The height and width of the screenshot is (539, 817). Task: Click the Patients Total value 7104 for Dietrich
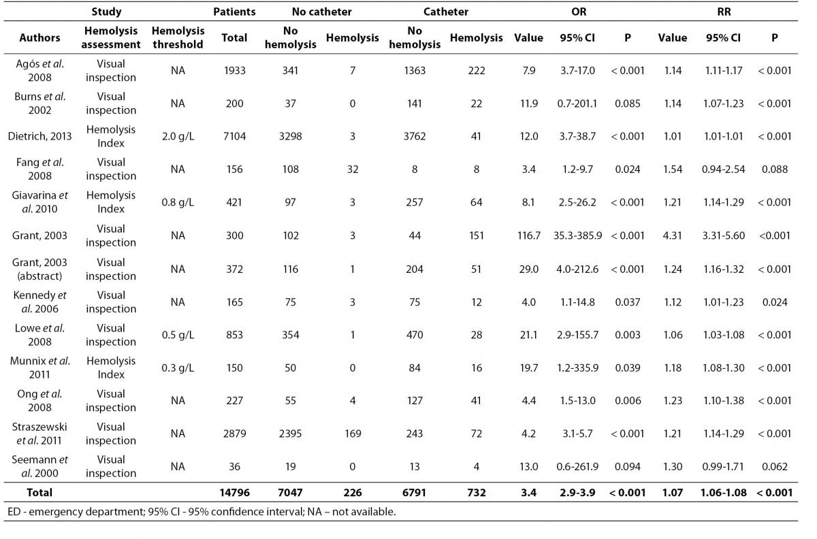click(234, 136)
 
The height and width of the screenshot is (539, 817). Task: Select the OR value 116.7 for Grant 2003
click(529, 235)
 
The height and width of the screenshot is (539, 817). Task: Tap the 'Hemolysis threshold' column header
click(178, 37)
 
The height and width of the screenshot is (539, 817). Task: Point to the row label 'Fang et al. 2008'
click(39, 169)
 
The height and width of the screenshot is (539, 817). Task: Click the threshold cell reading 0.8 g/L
click(178, 202)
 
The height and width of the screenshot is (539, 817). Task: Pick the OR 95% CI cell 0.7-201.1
click(577, 103)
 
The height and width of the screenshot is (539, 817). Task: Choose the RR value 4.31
click(672, 235)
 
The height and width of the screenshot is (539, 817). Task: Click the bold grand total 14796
click(234, 493)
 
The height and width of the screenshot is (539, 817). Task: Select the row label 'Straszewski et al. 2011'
click(39, 434)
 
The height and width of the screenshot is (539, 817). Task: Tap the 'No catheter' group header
click(321, 12)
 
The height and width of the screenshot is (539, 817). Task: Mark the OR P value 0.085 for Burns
click(627, 103)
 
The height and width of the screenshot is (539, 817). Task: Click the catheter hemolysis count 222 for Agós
click(477, 70)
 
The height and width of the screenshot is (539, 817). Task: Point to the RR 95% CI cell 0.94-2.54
click(723, 169)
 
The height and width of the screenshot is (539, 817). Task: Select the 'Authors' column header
click(39, 37)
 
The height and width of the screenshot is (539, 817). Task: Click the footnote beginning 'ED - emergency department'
click(202, 512)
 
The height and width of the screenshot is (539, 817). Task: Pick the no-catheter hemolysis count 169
click(353, 434)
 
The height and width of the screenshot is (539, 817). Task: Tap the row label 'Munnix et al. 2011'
click(39, 367)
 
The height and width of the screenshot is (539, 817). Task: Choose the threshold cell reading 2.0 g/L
click(178, 136)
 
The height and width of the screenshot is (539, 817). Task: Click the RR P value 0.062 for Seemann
click(774, 466)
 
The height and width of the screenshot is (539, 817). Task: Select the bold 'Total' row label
click(39, 493)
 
